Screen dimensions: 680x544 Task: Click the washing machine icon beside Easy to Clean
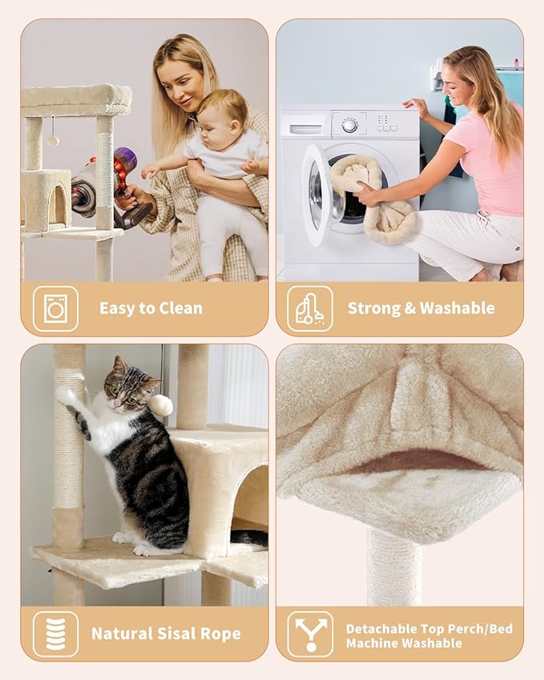click(x=55, y=308)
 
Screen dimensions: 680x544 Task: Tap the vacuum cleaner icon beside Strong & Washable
click(x=309, y=308)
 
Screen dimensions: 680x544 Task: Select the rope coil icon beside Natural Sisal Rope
click(x=55, y=634)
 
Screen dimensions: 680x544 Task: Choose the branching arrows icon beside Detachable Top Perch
click(x=309, y=634)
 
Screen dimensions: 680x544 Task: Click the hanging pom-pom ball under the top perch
click(x=53, y=140)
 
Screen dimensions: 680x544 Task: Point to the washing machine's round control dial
click(x=349, y=125)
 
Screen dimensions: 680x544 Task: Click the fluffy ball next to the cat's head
click(x=162, y=404)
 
